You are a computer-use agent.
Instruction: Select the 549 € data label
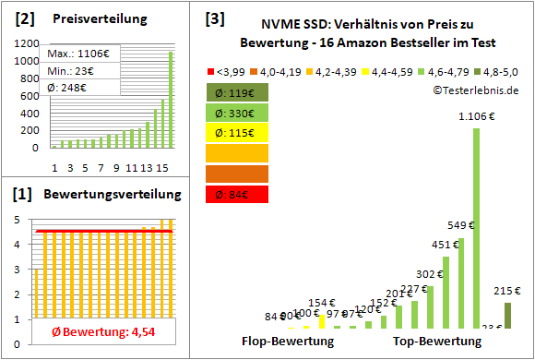pos(459,224)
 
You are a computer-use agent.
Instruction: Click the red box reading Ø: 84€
pos(237,193)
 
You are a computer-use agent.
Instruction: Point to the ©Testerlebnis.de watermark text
pos(474,90)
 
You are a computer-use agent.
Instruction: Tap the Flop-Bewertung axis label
pos(287,342)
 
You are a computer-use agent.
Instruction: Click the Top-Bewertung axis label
pos(437,342)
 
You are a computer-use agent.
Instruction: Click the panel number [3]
pos(214,18)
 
